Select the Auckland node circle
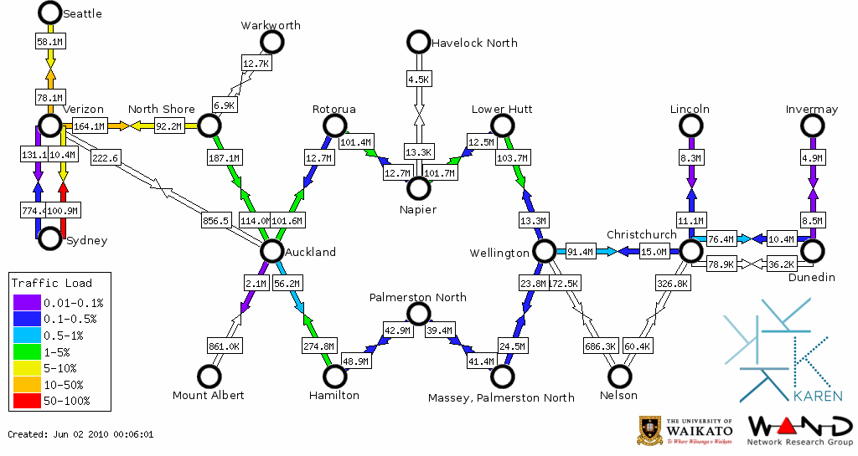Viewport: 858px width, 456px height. coord(271,251)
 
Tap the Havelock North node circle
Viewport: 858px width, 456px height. coord(418,41)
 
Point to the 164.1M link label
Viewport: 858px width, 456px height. coord(90,126)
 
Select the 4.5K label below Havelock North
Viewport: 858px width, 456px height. coord(418,79)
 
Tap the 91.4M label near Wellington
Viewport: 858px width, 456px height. coord(581,251)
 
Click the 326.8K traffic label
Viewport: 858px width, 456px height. coord(673,284)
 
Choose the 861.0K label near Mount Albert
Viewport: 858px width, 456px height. coord(225,346)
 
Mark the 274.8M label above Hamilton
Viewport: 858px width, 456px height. coord(318,346)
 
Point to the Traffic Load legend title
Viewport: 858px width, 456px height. coord(52,283)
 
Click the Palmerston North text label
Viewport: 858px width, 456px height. coord(418,297)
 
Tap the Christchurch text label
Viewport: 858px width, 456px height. coord(641,235)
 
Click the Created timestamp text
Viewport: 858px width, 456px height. coord(80,434)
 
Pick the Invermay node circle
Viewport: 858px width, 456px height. coord(812,126)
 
